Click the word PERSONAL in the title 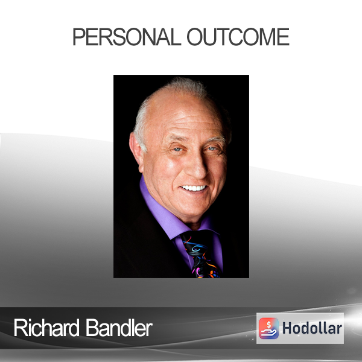127,37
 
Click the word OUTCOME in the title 238,37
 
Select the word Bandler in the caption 119,328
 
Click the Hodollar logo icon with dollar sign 268,328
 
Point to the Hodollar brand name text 312,328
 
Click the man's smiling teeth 194,188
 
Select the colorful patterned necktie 200,255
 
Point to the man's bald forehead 182,111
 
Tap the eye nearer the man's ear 177,150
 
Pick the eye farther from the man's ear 212,148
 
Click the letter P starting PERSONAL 78,37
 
